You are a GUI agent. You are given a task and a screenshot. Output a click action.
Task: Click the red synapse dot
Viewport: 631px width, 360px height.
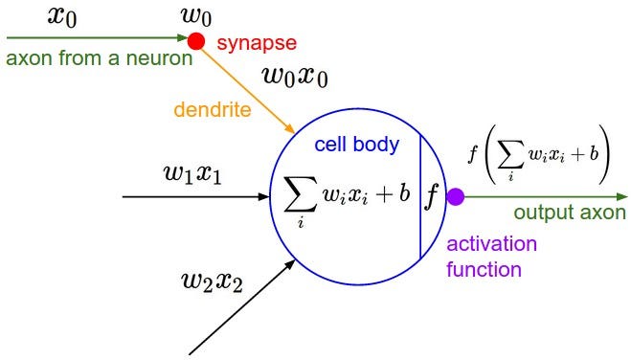tap(196, 40)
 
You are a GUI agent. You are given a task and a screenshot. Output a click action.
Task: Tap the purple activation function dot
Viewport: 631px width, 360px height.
tap(456, 197)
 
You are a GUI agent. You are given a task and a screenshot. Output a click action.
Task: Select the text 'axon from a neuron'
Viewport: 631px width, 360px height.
tap(99, 57)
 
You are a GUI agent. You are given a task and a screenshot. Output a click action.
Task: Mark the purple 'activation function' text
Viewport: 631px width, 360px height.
tap(493, 257)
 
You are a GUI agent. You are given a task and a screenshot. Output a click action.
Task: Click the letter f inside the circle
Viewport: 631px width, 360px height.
tap(432, 196)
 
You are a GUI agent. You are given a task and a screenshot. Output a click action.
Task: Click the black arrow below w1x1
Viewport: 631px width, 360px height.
tap(196, 197)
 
